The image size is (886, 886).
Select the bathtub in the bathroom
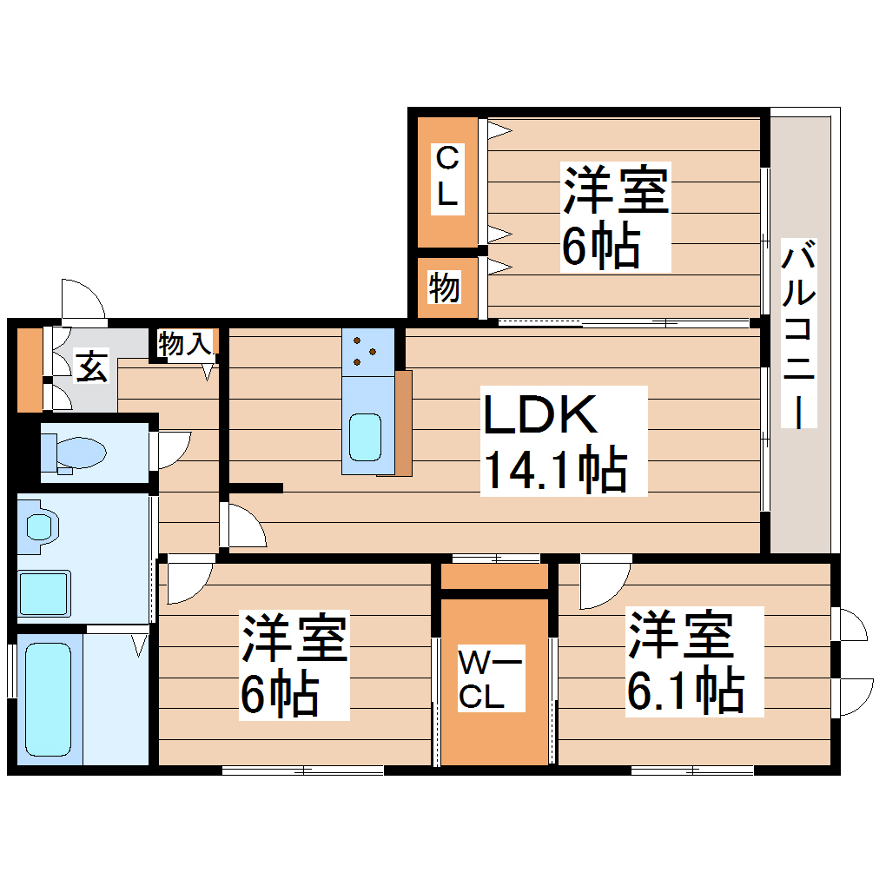pyautogui.click(x=48, y=698)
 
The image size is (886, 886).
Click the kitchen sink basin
pyautogui.click(x=364, y=437)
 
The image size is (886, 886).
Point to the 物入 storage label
pyautogui.click(x=184, y=344)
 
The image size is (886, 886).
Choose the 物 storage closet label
pyautogui.click(x=444, y=287)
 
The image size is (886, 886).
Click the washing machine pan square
pyautogui.click(x=43, y=592)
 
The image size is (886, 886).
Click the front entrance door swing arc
pyautogui.click(x=83, y=301)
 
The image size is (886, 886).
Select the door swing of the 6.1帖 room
pyautogui.click(x=604, y=585)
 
